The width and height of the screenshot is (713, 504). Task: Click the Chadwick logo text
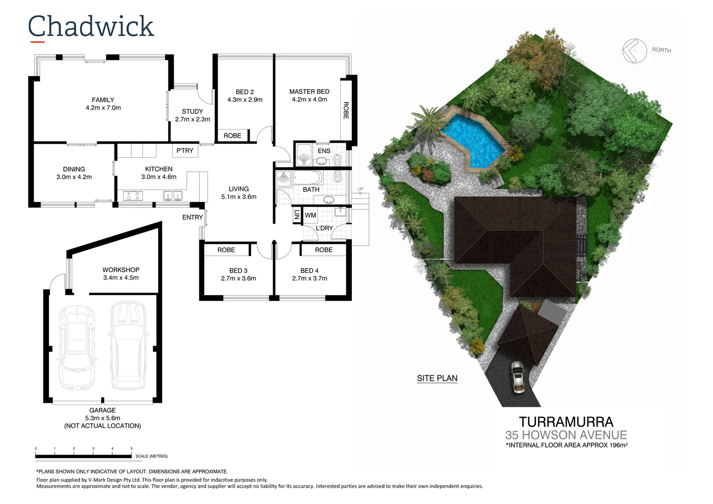coord(91,27)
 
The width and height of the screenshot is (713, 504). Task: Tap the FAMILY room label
coord(103,100)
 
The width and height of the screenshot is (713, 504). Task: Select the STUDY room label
coord(192,112)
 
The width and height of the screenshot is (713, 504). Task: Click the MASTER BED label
coord(309,91)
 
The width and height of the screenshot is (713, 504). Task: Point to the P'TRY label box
coord(185,150)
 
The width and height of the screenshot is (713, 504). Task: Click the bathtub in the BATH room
coord(307,178)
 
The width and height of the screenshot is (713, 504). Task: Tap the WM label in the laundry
coord(310,215)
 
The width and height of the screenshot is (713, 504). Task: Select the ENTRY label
coord(192,217)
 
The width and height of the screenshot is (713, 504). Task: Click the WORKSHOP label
coord(121,270)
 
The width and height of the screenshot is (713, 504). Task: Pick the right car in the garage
coord(128,345)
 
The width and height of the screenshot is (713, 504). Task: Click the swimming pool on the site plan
coord(472,139)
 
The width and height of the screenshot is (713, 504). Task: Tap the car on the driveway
coord(517,377)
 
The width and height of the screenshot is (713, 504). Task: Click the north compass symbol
coord(634,50)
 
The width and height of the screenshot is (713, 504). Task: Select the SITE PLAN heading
coord(437,378)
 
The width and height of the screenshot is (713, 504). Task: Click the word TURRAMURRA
coord(566,422)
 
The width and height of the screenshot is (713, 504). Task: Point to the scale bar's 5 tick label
coord(132,448)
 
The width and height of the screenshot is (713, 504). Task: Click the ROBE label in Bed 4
coord(323,250)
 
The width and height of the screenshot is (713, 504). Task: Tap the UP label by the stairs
coord(360,189)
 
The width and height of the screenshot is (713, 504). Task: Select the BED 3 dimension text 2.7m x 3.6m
coord(238,279)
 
